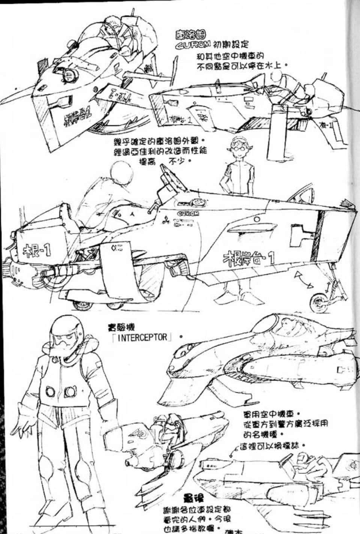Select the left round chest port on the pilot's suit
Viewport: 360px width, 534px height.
coord(51,392)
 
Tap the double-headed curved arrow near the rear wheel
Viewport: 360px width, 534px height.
coord(303,280)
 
